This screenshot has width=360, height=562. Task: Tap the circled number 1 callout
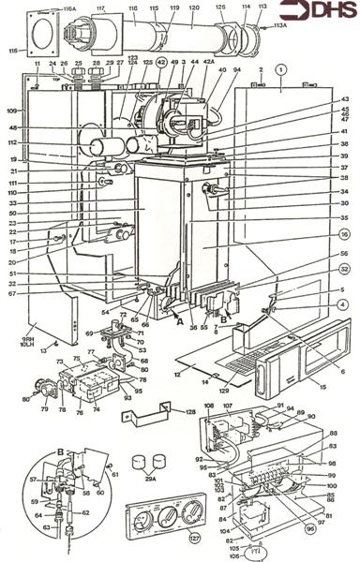pyautogui.click(x=280, y=69)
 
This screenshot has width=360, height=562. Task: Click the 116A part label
pyautogui.click(x=68, y=8)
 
